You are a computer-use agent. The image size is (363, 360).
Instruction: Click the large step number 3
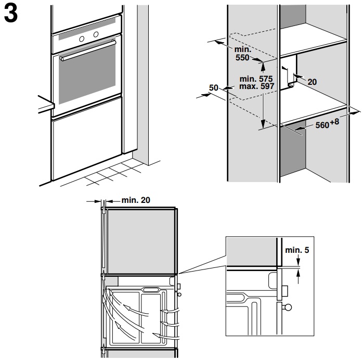[x=11, y=14]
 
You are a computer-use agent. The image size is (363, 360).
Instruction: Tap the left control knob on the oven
[x=82, y=39]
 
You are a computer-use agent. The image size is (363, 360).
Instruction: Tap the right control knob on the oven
[x=96, y=34]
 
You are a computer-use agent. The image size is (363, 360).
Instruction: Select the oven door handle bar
[x=88, y=50]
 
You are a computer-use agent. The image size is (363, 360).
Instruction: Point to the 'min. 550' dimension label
[x=243, y=53]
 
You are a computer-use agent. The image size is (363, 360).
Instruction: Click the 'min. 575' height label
[x=256, y=79]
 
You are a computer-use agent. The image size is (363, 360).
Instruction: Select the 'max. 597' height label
[x=256, y=86]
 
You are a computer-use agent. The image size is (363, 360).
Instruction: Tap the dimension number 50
[x=213, y=88]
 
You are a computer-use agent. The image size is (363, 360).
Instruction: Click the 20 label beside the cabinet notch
[x=312, y=82]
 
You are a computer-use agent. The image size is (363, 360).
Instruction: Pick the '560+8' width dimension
[x=327, y=123]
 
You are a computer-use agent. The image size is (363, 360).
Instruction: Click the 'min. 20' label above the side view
[x=136, y=200]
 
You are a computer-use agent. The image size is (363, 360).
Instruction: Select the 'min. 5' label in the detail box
[x=297, y=250]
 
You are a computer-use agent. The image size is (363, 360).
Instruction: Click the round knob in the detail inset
[x=288, y=307]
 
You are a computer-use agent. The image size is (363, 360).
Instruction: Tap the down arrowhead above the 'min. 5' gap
[x=298, y=262]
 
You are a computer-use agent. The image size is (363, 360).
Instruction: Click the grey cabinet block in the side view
[x=141, y=241]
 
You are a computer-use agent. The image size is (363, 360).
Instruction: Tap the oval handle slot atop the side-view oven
[x=151, y=289]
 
